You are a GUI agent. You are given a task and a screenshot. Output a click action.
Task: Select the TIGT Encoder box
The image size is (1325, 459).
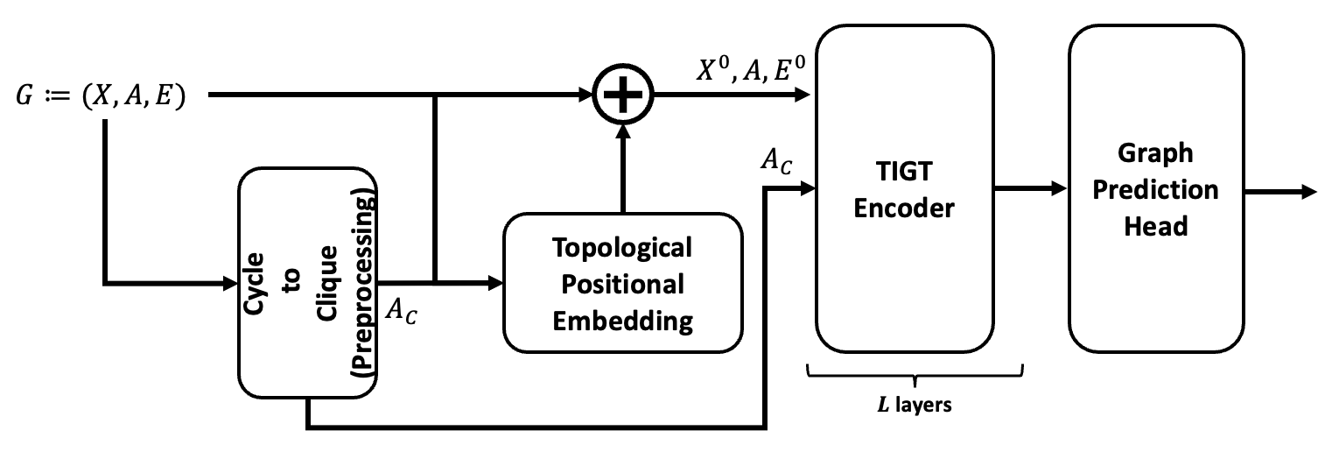click(904, 188)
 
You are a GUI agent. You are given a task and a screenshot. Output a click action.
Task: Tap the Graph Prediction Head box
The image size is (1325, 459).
click(1155, 188)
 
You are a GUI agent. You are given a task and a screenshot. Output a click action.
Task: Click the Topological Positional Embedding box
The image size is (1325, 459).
click(622, 282)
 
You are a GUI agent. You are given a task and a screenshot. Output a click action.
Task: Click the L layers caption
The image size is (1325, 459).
click(915, 406)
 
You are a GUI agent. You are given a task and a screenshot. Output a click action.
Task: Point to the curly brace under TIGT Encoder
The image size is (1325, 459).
click(915, 376)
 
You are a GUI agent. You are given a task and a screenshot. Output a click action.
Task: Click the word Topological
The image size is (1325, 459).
click(622, 248)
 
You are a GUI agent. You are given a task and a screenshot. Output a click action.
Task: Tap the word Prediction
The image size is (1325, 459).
click(1155, 189)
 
